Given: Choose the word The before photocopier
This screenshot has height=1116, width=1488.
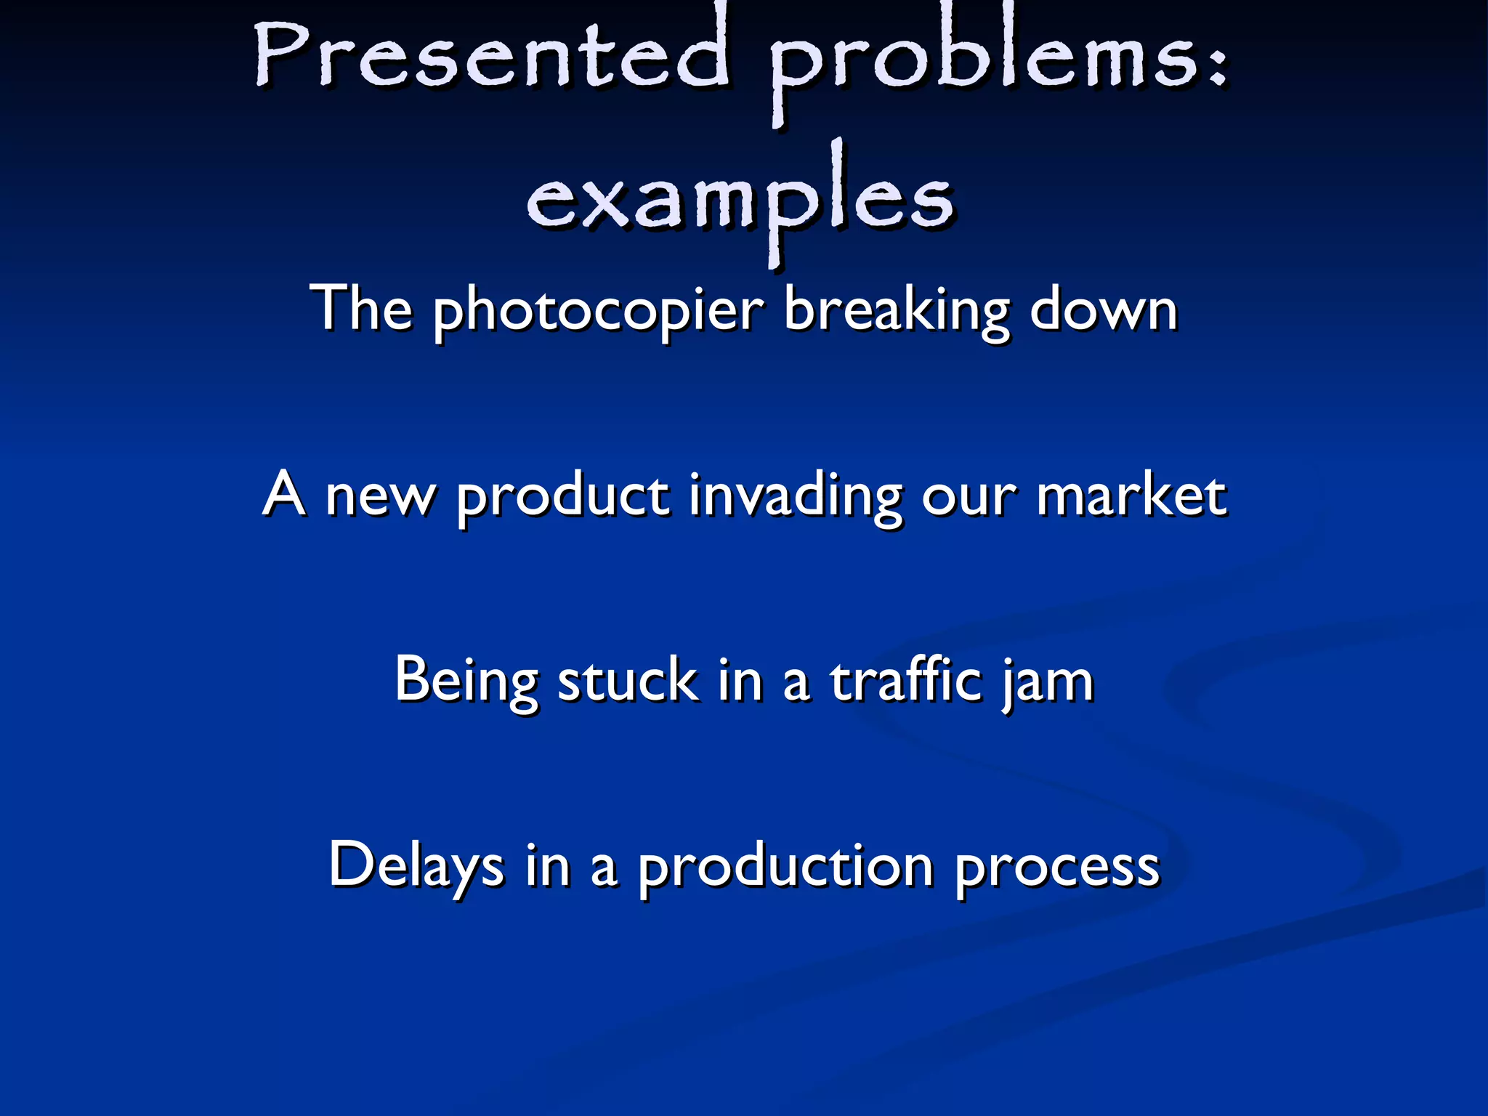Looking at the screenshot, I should pyautogui.click(x=361, y=308).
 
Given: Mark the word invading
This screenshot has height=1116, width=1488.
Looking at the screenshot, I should pyautogui.click(x=796, y=497).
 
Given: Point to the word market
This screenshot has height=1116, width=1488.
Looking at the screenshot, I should pyautogui.click(x=1131, y=496).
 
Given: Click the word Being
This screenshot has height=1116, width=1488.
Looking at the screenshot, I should pyautogui.click(x=466, y=682).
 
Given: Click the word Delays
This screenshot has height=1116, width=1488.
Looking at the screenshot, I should pyautogui.click(x=416, y=866).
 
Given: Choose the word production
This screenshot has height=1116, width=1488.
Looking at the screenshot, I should pyautogui.click(x=785, y=868).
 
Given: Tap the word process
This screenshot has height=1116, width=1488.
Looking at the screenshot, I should pyautogui.click(x=1057, y=869).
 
